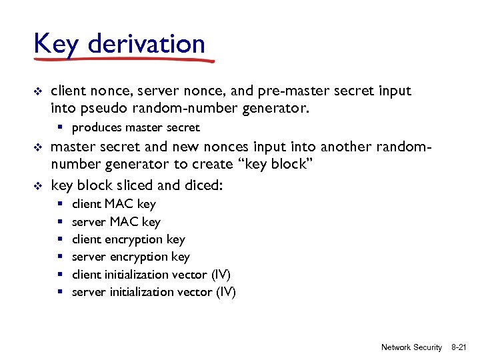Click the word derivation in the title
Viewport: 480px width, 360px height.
(x=146, y=44)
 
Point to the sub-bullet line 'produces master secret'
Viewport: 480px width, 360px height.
(x=135, y=127)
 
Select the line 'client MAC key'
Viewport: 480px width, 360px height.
(x=113, y=204)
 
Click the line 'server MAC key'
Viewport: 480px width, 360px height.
(x=116, y=222)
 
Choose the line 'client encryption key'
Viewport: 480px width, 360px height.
(x=128, y=239)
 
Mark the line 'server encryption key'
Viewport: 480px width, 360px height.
(x=131, y=257)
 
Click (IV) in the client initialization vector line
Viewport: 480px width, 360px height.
(x=220, y=275)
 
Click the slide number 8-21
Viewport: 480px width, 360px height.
(x=461, y=347)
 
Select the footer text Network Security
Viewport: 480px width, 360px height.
(x=411, y=347)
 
